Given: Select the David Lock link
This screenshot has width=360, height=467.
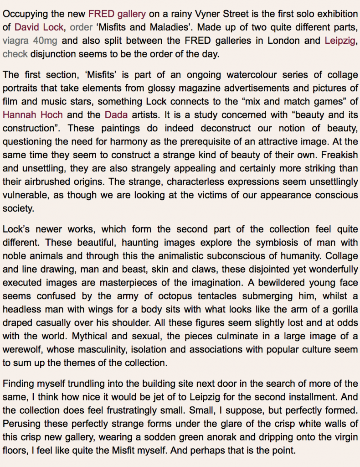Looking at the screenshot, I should click(x=39, y=27).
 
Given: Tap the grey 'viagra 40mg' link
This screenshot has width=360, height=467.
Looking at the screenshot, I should click(x=30, y=41).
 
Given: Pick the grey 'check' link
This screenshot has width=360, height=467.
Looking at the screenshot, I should click(x=15, y=54).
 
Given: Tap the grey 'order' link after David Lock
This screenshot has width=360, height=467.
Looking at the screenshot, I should click(x=81, y=27).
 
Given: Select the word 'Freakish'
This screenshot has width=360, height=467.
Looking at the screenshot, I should click(x=337, y=155).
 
